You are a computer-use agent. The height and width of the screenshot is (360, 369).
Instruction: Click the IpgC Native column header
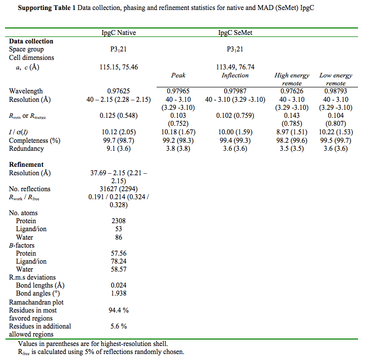pyautogui.click(x=118, y=33)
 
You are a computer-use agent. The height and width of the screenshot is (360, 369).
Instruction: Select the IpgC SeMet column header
pyautogui.click(x=235, y=33)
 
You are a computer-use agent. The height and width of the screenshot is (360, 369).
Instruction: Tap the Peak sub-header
pyautogui.click(x=178, y=75)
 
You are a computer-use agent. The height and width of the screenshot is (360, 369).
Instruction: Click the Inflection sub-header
pyautogui.click(x=235, y=75)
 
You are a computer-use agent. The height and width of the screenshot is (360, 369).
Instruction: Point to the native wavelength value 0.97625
pyautogui.click(x=118, y=91)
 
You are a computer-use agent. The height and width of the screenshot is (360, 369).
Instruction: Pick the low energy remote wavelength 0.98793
pyautogui.click(x=336, y=91)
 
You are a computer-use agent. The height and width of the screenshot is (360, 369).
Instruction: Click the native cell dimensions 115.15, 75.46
pyautogui.click(x=119, y=67)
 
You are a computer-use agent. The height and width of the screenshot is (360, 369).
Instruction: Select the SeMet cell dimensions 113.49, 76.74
pyautogui.click(x=235, y=67)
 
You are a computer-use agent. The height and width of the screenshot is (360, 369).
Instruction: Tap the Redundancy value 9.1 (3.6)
pyautogui.click(x=119, y=148)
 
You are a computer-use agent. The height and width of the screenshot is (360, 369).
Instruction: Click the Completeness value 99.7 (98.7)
pyautogui.click(x=119, y=140)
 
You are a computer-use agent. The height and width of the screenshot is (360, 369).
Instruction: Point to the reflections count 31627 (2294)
pyautogui.click(x=119, y=189)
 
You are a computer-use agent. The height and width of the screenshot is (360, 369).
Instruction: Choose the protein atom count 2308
pyautogui.click(x=119, y=221)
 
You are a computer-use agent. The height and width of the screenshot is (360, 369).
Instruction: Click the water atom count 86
pyautogui.click(x=119, y=237)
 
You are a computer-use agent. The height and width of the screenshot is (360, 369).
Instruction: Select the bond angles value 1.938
pyautogui.click(x=119, y=294)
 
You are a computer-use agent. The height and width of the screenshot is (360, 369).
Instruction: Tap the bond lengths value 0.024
pyautogui.click(x=119, y=286)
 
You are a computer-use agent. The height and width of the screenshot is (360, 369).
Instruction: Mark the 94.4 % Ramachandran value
pyautogui.click(x=119, y=310)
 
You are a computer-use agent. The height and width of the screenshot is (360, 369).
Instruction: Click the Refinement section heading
pyautogui.click(x=26, y=164)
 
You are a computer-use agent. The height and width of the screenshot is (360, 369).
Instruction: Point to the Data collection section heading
pyautogui.click(x=31, y=41)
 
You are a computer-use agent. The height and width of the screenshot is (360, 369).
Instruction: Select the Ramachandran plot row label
pyautogui.click(x=36, y=302)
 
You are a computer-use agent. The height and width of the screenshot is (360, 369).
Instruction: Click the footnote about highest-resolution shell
pyautogui.click(x=93, y=344)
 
